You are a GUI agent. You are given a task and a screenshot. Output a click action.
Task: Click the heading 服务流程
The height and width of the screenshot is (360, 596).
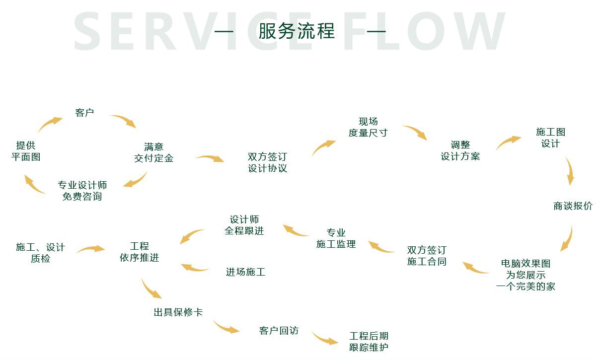(x=297, y=31)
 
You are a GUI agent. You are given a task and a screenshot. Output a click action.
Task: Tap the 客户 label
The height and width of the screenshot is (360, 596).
(x=84, y=113)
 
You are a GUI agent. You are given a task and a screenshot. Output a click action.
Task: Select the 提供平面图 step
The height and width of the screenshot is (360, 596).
(x=26, y=151)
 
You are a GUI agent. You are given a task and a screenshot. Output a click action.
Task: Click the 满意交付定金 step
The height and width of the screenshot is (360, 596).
(x=153, y=152)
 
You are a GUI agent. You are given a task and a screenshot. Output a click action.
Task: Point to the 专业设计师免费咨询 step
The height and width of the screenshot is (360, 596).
(x=82, y=191)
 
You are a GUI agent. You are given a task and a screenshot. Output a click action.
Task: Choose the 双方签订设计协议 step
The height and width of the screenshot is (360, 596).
(x=268, y=162)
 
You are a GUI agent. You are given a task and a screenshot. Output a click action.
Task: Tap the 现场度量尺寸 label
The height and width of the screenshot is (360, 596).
(x=368, y=127)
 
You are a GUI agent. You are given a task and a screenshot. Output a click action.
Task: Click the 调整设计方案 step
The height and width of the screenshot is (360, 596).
(x=460, y=150)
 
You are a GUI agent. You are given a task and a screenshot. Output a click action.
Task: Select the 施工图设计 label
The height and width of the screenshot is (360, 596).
(x=550, y=138)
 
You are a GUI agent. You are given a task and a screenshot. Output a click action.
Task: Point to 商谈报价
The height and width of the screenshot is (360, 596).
(x=573, y=206)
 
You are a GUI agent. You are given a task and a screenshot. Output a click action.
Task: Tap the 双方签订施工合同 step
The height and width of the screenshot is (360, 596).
(x=427, y=256)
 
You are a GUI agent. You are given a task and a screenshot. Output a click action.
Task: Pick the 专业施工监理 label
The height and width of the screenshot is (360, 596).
(x=336, y=238)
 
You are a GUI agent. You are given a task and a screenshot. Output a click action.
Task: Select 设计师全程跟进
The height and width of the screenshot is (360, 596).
(x=244, y=225)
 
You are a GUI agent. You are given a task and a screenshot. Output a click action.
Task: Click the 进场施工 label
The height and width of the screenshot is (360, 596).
(x=245, y=272)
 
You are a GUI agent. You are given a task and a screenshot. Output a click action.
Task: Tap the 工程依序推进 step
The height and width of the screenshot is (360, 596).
(x=140, y=252)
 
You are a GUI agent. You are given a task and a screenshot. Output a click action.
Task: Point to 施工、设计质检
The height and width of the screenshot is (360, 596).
(x=40, y=253)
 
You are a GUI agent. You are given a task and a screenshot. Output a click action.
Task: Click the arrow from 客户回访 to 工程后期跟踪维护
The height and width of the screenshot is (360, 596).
(x=325, y=339)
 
